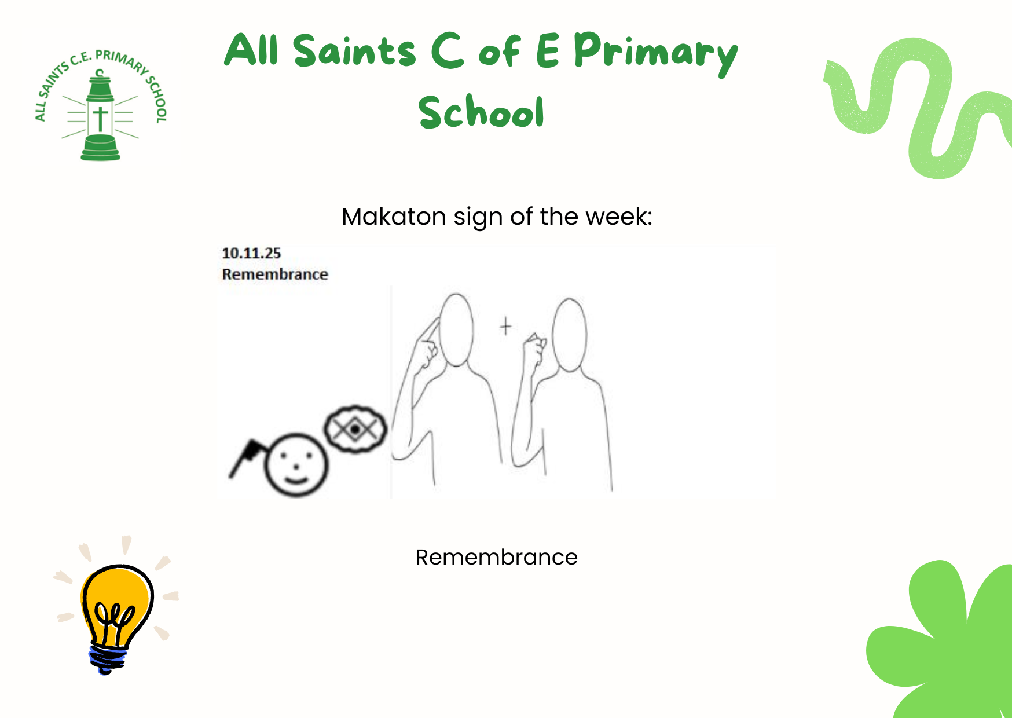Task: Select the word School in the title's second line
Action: (481, 111)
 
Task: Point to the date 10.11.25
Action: (251, 253)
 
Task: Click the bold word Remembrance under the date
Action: (275, 274)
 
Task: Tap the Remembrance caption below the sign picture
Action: (497, 557)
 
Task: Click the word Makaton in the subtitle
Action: (394, 217)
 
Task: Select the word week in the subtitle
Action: (619, 217)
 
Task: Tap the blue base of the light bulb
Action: (108, 660)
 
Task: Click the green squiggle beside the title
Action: (918, 108)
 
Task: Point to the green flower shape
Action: (941, 639)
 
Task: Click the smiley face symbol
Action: (296, 465)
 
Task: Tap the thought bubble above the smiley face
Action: (355, 429)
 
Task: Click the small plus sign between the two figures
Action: (506, 327)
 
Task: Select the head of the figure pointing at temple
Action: (457, 329)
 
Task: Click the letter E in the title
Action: (548, 50)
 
